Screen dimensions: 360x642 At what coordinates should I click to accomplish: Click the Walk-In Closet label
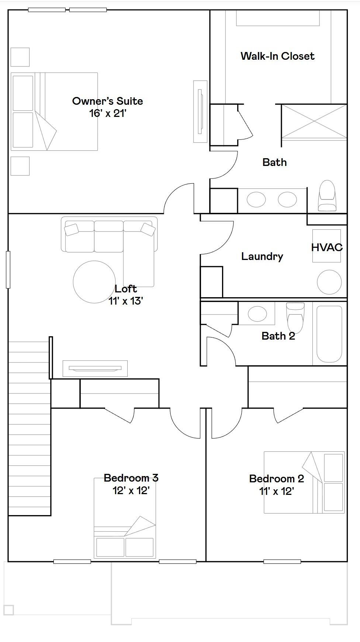point(277,56)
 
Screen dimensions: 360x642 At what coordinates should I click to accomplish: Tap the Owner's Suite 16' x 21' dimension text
point(108,113)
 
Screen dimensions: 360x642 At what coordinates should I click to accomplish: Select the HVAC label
point(327,247)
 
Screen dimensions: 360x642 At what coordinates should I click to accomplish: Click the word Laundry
point(262,257)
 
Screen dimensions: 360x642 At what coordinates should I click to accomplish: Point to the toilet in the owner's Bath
point(327,195)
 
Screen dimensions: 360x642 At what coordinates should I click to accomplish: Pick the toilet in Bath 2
point(295,317)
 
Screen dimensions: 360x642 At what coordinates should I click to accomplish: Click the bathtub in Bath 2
point(329,334)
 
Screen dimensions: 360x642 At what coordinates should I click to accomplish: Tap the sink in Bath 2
point(257,314)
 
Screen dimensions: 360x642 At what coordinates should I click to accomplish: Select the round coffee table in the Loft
point(94,282)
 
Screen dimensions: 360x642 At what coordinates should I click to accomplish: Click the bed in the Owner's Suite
point(54,111)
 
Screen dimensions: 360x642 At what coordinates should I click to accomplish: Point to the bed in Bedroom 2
point(304,482)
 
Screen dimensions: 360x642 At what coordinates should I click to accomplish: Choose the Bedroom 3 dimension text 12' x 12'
point(131,490)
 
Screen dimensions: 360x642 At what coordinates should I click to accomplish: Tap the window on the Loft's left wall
point(8,270)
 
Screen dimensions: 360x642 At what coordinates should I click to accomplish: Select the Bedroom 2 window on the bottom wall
point(282,562)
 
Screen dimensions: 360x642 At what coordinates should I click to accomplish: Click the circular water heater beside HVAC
point(329,282)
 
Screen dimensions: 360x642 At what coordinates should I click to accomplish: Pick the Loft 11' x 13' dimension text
point(126,301)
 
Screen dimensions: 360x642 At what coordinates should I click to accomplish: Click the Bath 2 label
point(278,336)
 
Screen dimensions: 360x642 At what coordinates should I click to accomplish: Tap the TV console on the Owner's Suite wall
point(201,111)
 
